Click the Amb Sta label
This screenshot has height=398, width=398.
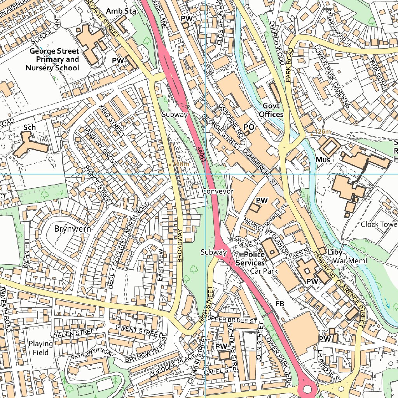pos(121,11)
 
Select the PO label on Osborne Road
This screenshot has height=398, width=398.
pos(248,127)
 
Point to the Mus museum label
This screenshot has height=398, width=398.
pos(323,160)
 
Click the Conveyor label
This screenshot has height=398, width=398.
pos(218,191)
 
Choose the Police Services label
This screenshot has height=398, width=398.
pos(250,259)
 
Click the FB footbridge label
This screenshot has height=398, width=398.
pos(280,303)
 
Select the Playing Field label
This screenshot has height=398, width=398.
pos(41,348)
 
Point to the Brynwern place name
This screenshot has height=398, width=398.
pos(72,229)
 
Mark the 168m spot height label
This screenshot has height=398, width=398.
pos(180,164)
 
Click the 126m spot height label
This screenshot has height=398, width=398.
pos(323,132)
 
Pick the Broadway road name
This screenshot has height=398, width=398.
pos(180,247)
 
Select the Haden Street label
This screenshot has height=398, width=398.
pos(76,333)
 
